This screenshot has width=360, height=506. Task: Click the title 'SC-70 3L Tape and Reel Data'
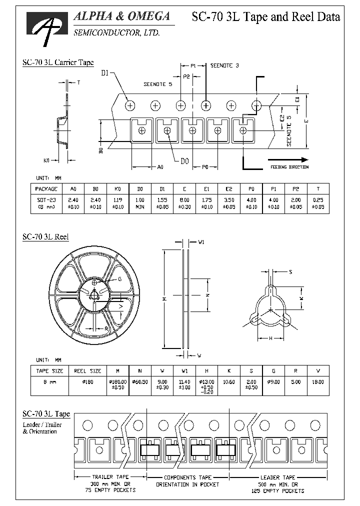[266, 17]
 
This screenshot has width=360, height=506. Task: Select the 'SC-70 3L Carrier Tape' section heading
[58, 62]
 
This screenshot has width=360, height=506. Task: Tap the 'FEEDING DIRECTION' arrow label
[289, 167]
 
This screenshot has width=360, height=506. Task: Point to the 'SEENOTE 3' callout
[224, 65]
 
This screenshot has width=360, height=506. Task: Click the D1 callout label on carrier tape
[105, 73]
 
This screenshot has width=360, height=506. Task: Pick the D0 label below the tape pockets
[184, 160]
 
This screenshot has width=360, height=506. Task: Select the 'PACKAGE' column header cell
[46, 189]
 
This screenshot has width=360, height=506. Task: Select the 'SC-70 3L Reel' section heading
[45, 237]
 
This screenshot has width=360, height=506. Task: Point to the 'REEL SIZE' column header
[87, 371]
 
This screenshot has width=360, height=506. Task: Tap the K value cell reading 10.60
[229, 382]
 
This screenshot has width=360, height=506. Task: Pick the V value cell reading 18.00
[318, 382]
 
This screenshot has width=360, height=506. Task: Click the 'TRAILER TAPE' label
[110, 477]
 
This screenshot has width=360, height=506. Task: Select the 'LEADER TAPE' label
[277, 477]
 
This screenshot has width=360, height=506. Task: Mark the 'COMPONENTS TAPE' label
[187, 477]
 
